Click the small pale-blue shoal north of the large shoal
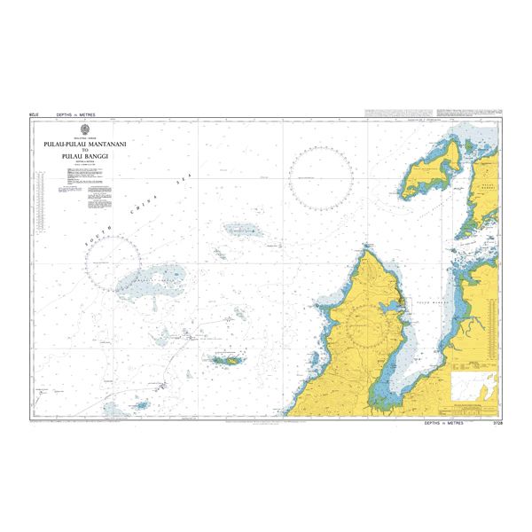(x=240, y=230)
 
